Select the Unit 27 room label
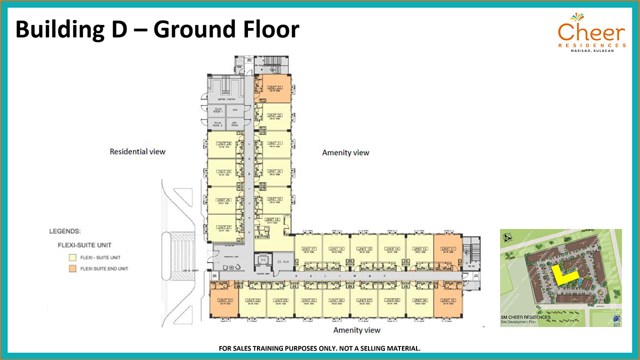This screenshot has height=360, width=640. (224, 227)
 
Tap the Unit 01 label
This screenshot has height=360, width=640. (224, 300)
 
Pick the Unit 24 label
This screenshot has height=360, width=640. (224, 144)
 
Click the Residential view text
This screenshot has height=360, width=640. (137, 151)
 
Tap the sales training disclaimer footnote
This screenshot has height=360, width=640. (319, 348)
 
